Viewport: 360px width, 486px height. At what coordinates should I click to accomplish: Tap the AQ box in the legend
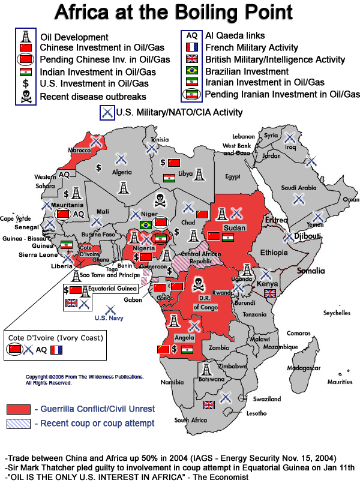191,36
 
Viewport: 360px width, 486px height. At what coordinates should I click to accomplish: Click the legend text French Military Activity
251,48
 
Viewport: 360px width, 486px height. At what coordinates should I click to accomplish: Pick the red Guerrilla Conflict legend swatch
18,409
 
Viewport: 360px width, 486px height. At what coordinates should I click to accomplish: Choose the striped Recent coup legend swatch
18,424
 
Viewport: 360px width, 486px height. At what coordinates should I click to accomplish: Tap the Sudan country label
232,229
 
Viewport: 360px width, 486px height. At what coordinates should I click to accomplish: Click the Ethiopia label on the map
275,253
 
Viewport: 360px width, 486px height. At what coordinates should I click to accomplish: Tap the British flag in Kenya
270,293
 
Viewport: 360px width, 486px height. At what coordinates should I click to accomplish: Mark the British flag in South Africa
209,406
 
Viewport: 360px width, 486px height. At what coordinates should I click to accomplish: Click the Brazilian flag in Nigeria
145,225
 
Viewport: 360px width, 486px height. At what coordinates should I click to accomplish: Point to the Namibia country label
172,382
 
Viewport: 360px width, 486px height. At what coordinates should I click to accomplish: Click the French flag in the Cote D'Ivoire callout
56,350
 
